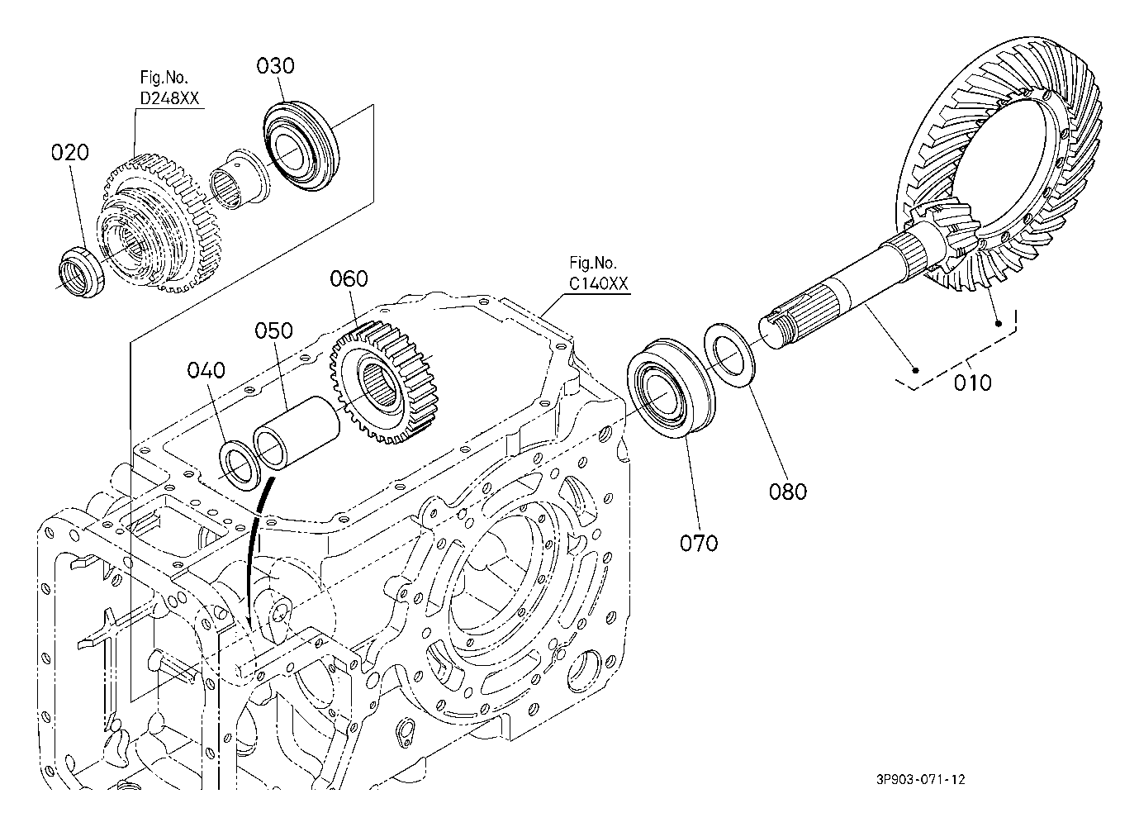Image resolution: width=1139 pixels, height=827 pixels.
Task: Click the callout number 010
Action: click(x=972, y=383)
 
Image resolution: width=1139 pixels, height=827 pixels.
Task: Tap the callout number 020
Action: click(x=69, y=153)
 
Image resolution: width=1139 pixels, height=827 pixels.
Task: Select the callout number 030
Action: click(x=275, y=66)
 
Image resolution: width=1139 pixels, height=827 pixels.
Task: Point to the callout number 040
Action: click(x=205, y=369)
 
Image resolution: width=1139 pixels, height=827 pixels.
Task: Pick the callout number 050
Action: click(x=273, y=330)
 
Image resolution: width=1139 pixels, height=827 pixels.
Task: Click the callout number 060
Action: click(x=349, y=278)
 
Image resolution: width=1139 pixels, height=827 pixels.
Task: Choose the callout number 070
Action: click(x=699, y=543)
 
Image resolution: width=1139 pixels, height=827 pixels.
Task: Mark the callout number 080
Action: click(x=787, y=492)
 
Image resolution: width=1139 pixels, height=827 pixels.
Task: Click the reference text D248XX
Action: click(x=168, y=99)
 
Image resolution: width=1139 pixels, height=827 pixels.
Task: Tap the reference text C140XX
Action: click(x=598, y=284)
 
